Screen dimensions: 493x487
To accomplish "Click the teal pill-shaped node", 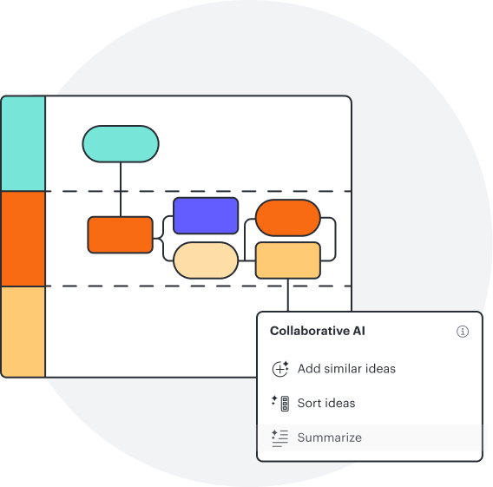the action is [x=121, y=144].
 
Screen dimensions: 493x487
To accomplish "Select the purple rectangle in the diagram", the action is [x=206, y=215].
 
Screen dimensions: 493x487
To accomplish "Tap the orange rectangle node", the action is [x=121, y=234].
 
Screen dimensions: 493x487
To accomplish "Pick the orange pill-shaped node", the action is [x=288, y=218].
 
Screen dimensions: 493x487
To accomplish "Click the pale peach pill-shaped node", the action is [x=206, y=260].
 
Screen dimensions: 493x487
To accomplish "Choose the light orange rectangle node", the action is [x=288, y=260].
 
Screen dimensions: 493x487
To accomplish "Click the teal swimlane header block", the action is [x=23, y=143].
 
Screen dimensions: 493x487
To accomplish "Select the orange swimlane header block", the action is [x=23, y=239].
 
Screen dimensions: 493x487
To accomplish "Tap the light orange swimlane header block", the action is [x=23, y=332].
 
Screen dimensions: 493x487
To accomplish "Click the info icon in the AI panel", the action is [x=463, y=332].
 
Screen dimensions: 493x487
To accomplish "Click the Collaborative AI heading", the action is [x=318, y=331].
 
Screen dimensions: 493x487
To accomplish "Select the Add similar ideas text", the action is [x=346, y=369].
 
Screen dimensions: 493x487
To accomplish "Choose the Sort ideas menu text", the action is [x=326, y=403].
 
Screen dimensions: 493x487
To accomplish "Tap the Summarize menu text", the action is [x=330, y=438].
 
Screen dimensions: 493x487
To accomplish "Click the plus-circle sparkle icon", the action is [x=280, y=369].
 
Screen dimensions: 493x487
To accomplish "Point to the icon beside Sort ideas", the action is [x=280, y=403].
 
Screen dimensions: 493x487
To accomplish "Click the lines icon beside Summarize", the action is [x=279, y=438].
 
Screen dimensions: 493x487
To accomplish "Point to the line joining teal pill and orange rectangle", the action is [x=121, y=189].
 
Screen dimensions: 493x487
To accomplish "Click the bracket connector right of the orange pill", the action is [x=336, y=239].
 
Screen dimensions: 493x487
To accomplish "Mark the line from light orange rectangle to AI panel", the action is [x=288, y=295].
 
